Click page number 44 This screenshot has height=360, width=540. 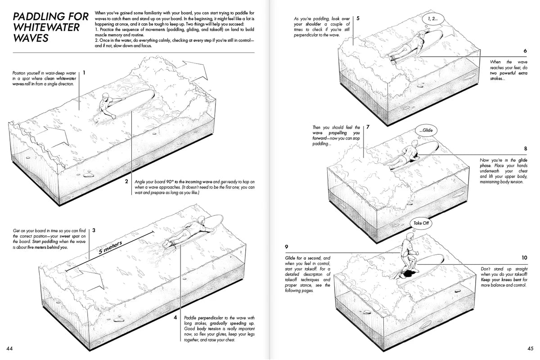[9, 348]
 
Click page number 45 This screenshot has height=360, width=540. [530, 348]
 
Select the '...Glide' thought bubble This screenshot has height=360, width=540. [427, 130]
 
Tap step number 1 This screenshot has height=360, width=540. [84, 72]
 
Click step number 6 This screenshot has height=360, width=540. [525, 51]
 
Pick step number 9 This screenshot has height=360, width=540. [287, 247]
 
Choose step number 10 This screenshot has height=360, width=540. [524, 258]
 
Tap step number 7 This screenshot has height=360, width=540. [368, 127]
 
